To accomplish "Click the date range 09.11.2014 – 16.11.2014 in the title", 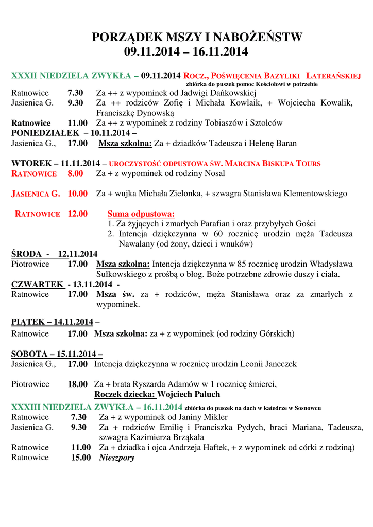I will (186, 51).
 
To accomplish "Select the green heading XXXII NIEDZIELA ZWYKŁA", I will (71, 76).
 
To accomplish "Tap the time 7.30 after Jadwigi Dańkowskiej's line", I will (75, 93).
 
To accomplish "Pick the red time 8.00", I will (75, 173).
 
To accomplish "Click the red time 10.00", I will (77, 194).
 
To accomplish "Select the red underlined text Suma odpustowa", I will (141, 214).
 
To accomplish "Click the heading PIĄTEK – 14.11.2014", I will (52, 322).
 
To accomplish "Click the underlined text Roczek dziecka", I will (124, 394).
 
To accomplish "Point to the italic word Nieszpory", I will (116, 457).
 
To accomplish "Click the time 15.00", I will (81, 457).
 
